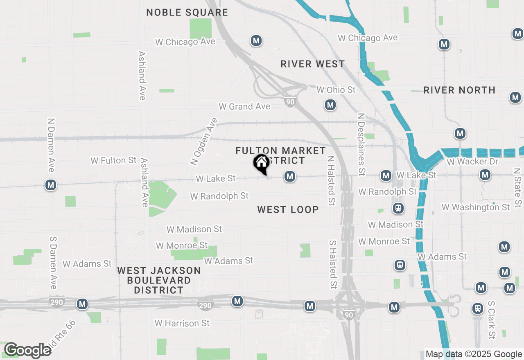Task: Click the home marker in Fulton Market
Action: coord(261,163)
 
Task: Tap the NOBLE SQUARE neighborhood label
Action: coord(187,12)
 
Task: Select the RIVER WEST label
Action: coord(313,64)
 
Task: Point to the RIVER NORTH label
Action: coord(459,90)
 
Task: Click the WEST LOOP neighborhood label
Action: coord(288,210)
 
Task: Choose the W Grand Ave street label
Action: coord(244,106)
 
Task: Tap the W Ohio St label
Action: coord(336,89)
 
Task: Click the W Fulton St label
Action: coord(113,160)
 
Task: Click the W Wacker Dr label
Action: coord(473,162)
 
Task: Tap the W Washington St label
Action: coord(476,207)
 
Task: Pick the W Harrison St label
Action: coord(182,323)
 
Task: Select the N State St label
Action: coord(518,187)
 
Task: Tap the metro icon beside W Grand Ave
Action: coord(330,105)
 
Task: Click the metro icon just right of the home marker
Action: coord(290,176)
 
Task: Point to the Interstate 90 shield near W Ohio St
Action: coord(290,102)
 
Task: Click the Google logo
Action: coord(27,350)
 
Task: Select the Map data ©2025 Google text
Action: coord(474,354)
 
